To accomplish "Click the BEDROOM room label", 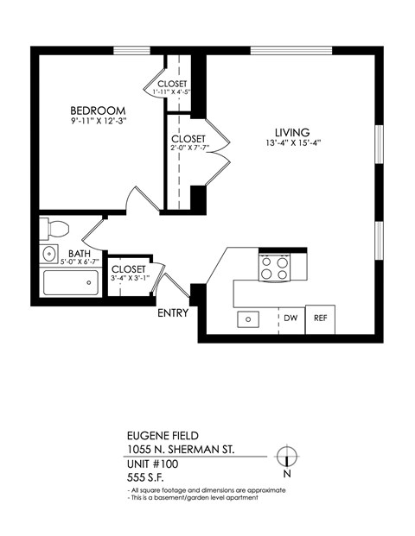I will [98, 110].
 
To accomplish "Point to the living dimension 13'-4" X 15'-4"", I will [293, 143].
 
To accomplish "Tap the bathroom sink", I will [48, 255].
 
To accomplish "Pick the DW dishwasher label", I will [291, 318].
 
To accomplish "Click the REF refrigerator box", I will [320, 318].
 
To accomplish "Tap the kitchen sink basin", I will [248, 319].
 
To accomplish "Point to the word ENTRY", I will [173, 313].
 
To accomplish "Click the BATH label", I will [80, 254].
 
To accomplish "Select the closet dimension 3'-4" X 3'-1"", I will [130, 278].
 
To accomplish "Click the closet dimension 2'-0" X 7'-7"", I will [188, 148].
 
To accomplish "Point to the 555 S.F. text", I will [146, 476].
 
